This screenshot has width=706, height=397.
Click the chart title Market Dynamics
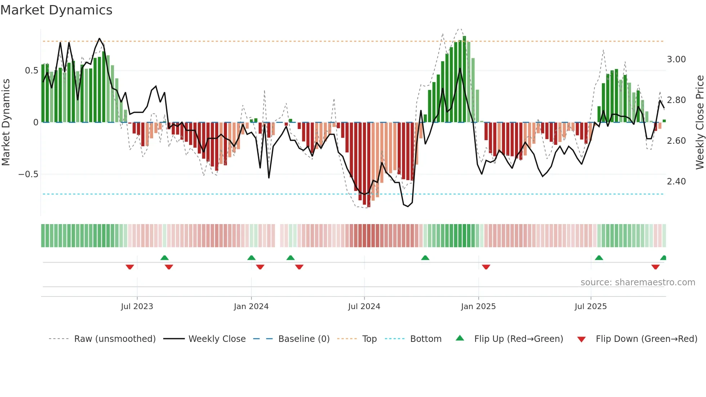56,10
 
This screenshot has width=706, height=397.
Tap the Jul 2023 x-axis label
137,307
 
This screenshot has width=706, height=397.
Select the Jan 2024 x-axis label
251,307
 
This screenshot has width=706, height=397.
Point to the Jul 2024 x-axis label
364,307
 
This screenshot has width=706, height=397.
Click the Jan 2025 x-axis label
478,307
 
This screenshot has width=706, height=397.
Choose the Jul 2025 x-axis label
591,307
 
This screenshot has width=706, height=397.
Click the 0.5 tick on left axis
31,71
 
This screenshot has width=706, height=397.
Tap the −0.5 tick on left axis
28,174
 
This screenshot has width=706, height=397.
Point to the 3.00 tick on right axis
676,59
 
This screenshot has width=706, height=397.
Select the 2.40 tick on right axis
676,182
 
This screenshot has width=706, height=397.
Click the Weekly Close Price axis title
700,122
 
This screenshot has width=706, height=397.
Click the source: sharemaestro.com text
638,282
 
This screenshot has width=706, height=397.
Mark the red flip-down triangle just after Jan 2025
486,267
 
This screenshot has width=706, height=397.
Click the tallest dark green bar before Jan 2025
464,79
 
